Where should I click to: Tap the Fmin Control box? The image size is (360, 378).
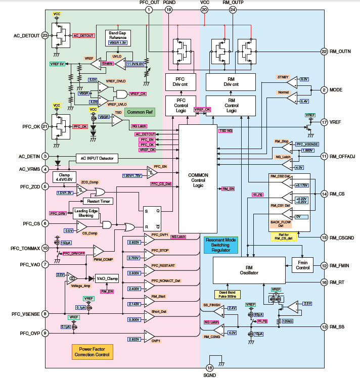tap(303, 264)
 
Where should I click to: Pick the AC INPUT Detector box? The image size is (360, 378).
tap(97, 159)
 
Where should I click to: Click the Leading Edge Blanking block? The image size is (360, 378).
tap(85, 213)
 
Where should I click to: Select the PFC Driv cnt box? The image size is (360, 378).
tap(181, 82)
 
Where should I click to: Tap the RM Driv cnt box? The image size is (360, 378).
tap(231, 82)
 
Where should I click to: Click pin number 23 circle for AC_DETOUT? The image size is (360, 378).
tap(46, 36)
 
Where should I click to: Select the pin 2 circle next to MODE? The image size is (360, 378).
tap(325, 90)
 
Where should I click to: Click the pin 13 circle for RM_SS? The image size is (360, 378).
tap(325, 327)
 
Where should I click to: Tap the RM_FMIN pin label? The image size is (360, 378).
tap(342, 265)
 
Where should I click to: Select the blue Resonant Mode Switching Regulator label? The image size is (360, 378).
tap(220, 245)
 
